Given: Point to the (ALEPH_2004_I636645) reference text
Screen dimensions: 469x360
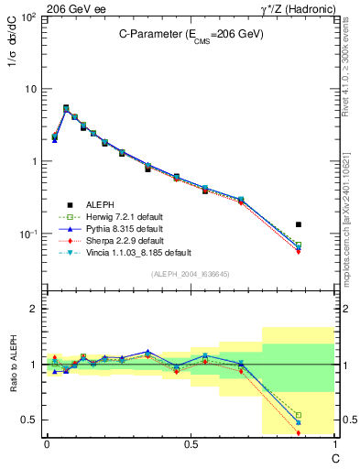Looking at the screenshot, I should coord(190,275).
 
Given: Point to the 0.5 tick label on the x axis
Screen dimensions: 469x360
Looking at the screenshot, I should coord(190,443).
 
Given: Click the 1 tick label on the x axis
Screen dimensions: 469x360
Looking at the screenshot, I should coord(333,443).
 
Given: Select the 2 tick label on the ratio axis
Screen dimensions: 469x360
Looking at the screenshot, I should coord(34,309).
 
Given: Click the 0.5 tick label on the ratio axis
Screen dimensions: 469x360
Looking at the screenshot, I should coord(29,420).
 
